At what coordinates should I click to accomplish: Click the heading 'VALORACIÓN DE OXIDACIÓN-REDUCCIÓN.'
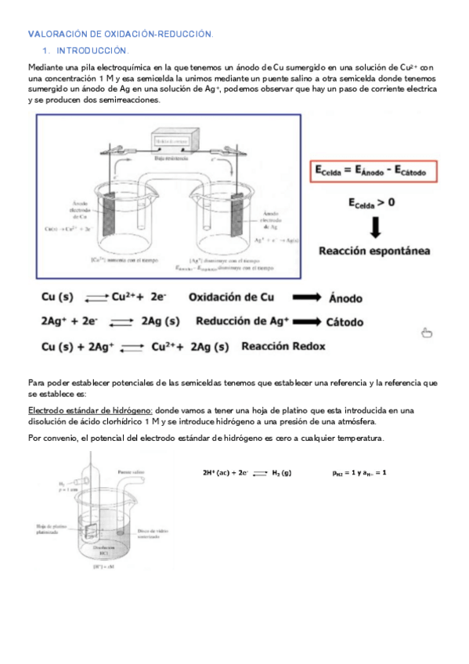click(x=120, y=34)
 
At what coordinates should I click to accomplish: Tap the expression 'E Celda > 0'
click(x=371, y=202)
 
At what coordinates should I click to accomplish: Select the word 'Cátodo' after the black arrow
click(x=352, y=321)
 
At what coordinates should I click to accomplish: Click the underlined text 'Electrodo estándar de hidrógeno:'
click(x=90, y=410)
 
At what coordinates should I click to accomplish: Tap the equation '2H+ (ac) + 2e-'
click(x=225, y=473)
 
